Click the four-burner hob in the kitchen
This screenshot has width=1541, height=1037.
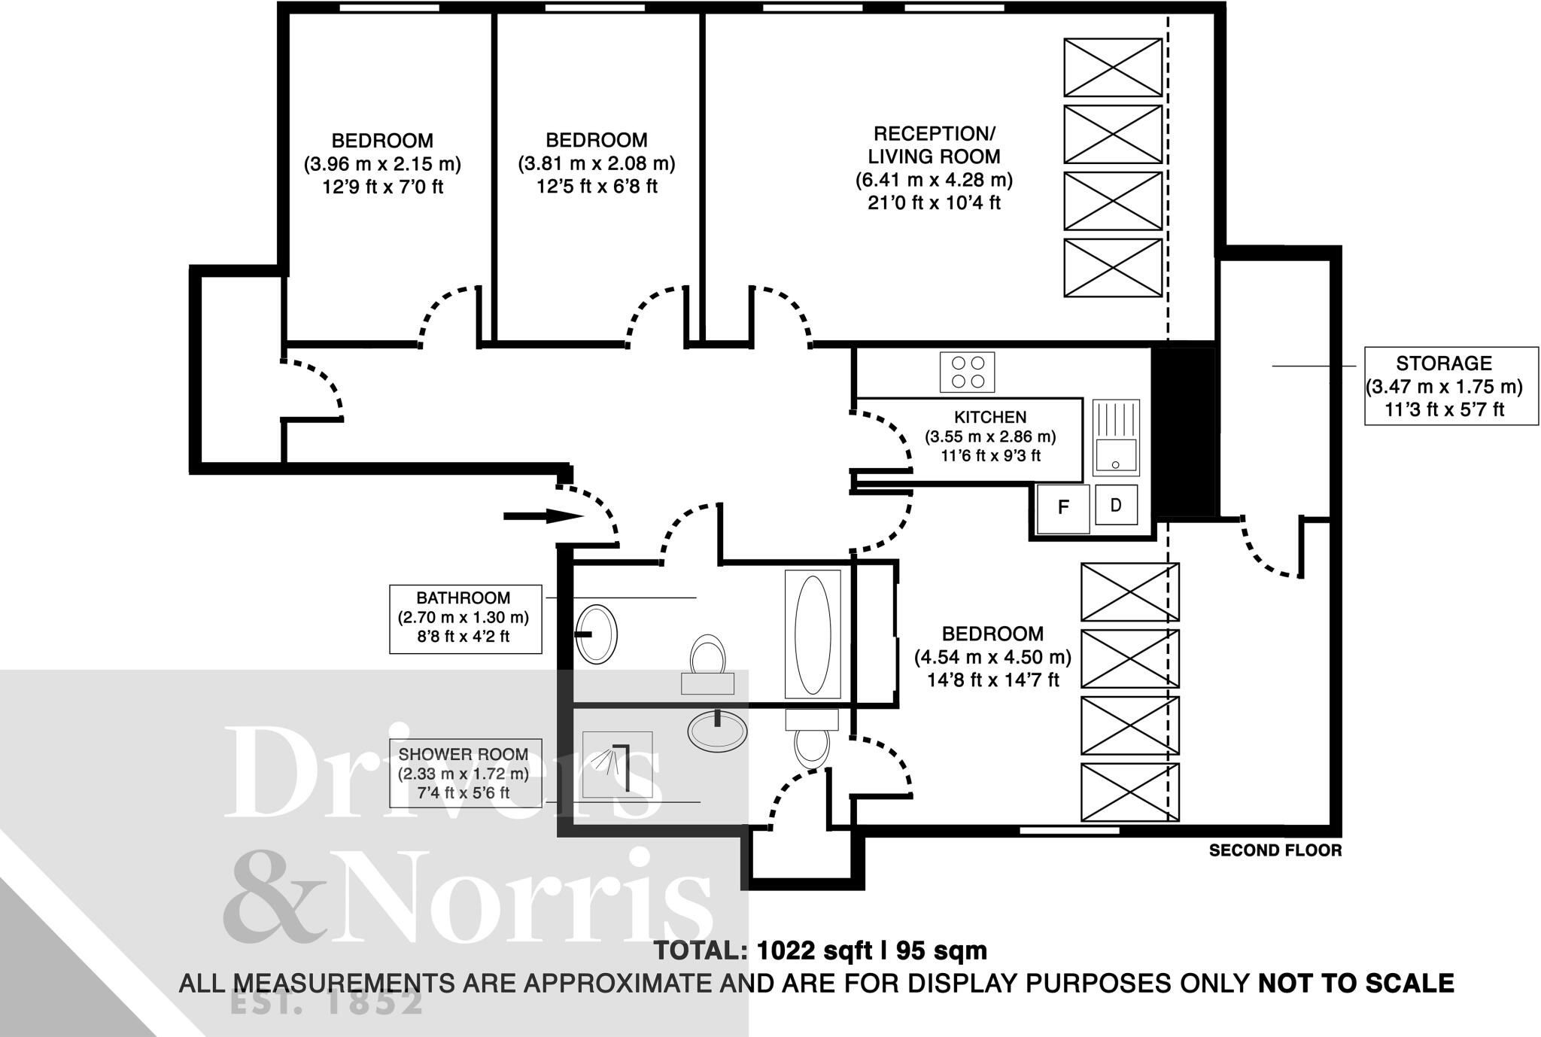tap(967, 372)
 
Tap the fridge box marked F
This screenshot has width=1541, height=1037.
tap(1062, 508)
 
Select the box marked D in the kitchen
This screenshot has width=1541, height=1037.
tap(1116, 505)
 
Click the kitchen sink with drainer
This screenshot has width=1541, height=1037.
tap(1116, 438)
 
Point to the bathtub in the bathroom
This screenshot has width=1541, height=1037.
tap(813, 634)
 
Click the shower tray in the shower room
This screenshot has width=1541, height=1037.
tap(617, 764)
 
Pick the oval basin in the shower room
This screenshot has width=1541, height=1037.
tap(717, 728)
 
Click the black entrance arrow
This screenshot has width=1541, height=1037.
tap(543, 516)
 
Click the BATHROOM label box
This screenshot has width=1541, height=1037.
tap(465, 618)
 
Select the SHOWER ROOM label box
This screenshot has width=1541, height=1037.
tap(465, 773)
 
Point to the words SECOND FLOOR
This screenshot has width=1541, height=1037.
tap(1275, 850)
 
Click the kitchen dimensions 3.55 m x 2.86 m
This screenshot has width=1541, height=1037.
tap(990, 436)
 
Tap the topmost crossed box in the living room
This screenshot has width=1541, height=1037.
tap(1112, 67)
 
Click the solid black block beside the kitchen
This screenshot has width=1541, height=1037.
tap(1184, 432)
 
